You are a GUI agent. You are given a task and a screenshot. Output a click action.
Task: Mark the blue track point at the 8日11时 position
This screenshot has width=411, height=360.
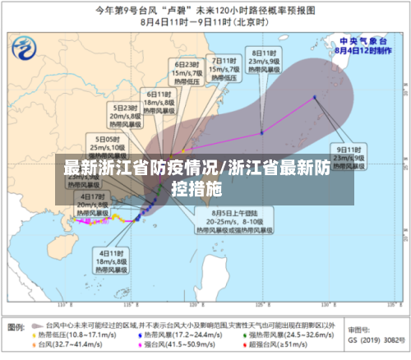[x=261, y=132]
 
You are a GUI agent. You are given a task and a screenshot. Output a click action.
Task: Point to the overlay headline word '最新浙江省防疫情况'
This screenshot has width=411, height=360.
[x=140, y=168]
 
